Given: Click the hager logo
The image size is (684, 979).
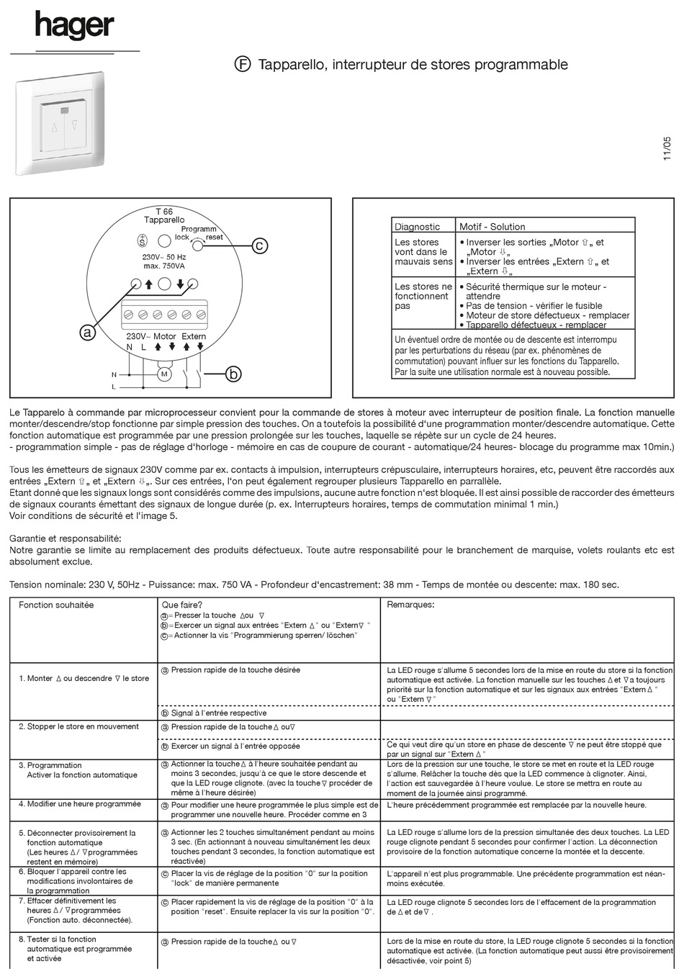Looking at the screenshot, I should coord(74,27).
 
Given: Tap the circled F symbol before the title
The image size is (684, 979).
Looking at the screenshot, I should coord(243,64).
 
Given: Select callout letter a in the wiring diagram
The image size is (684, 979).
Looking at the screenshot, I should coord(87,332).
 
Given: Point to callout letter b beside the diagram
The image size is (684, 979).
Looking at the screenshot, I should coord(233,374).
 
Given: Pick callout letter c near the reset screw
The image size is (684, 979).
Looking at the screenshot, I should coord(259,245).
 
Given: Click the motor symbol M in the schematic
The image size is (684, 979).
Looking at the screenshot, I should coord(163,374).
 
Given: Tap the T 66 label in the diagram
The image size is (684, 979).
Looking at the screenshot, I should coord(164,212).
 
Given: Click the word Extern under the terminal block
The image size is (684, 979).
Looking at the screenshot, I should coord(194,336).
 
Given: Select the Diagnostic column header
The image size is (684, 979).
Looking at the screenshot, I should coord(417,227).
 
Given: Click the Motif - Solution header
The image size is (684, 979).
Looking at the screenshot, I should coord(492,227).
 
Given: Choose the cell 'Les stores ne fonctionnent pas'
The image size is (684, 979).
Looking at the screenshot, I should coord(423,296).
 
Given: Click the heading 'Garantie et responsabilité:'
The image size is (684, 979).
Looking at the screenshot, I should coord(66,538).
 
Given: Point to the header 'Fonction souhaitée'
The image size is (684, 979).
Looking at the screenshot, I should coord(56,605).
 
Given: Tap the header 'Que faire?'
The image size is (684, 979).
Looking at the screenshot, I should coord(182,605).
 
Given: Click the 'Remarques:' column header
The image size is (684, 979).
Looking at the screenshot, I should coord(410,605).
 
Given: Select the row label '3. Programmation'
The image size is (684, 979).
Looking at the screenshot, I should coord(50,765).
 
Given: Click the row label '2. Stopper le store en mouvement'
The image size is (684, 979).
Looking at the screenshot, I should coord(79,726).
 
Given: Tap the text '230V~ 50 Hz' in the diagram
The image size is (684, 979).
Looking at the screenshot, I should coord(164,257).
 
